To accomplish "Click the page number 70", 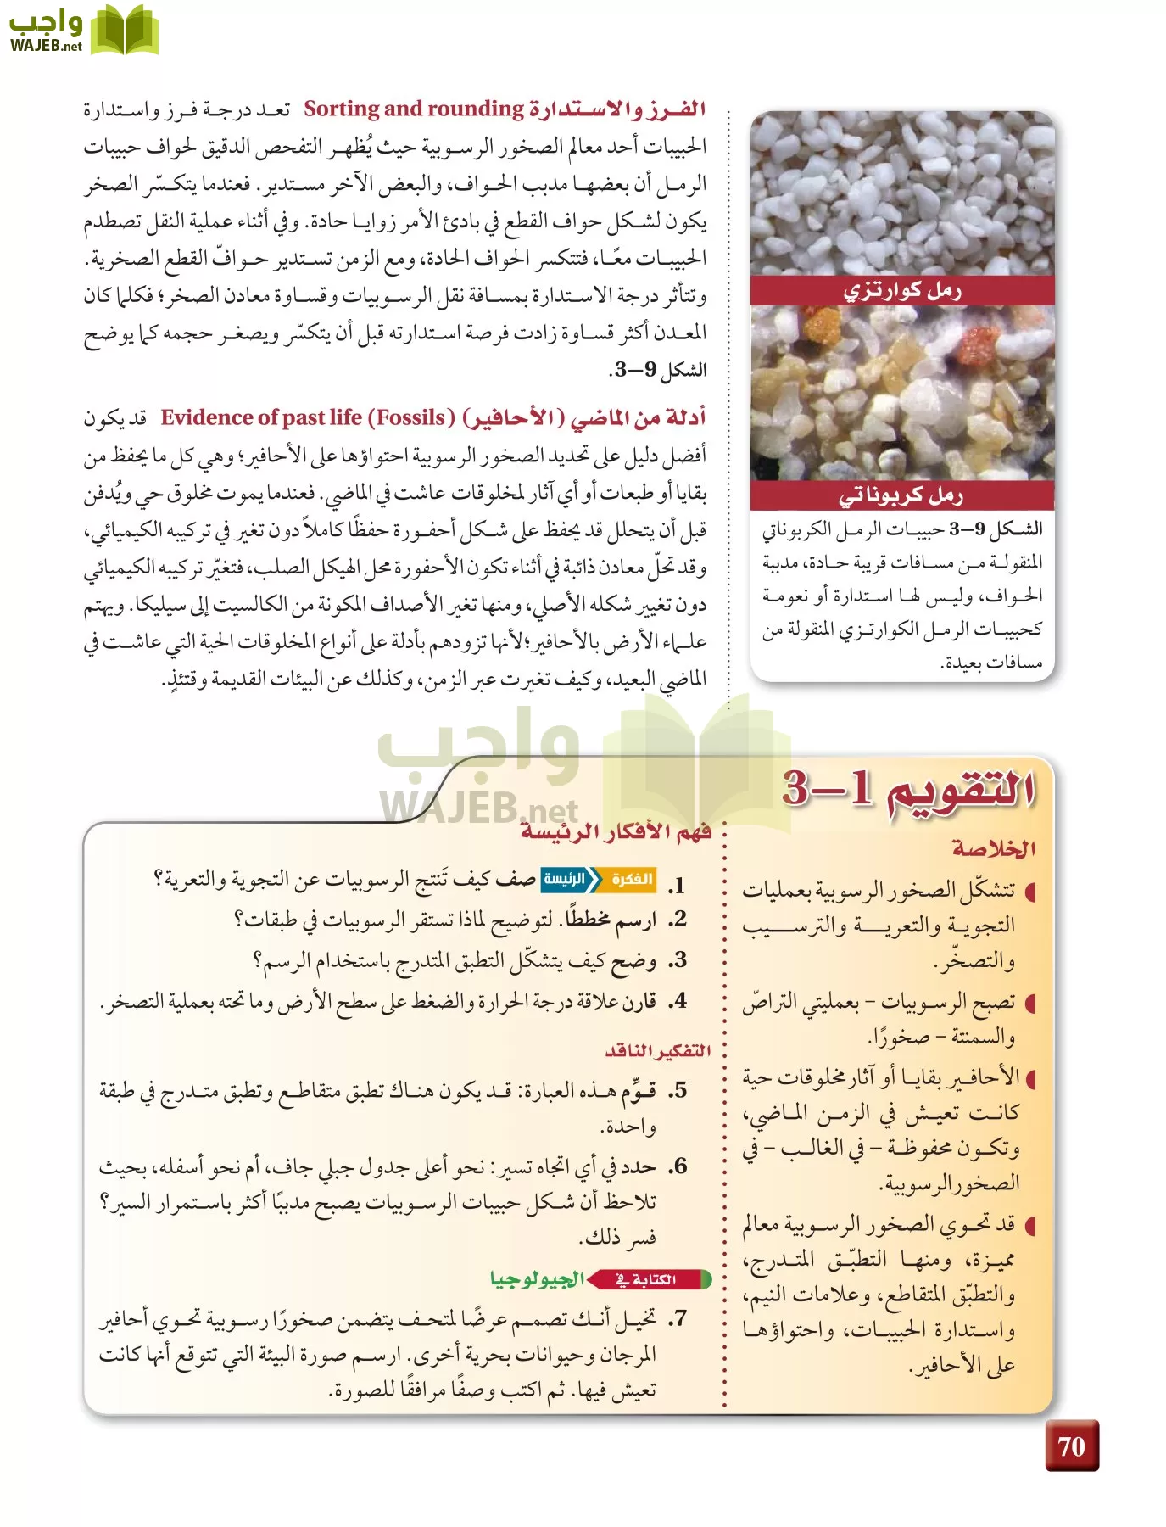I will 1071,1446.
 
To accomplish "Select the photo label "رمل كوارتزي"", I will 902,291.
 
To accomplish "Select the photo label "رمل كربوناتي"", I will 901,495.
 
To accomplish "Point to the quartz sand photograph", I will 902,195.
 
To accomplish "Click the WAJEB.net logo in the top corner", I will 83,31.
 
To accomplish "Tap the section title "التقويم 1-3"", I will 908,789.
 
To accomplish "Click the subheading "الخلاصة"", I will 993,847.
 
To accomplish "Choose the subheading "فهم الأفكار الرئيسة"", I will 616,831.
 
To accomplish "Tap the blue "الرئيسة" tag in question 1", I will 565,879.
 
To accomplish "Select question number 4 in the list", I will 677,1002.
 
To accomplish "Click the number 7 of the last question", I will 677,1319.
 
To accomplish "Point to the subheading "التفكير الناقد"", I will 658,1051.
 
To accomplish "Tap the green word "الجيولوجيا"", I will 537,1279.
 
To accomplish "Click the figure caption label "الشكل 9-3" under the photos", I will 996,529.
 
